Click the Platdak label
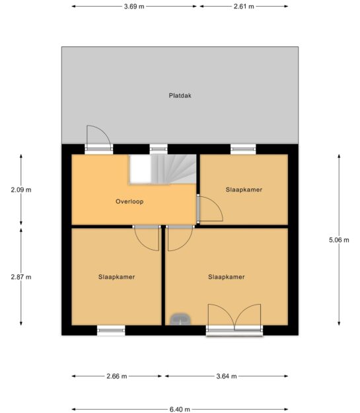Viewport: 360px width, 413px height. click(180, 95)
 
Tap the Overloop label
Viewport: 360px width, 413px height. click(129, 202)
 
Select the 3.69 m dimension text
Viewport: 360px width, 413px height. click(134, 7)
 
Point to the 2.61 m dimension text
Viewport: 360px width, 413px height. click(244, 7)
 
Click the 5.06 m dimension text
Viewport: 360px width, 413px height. click(339, 240)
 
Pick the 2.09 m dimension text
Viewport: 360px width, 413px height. click(21, 190)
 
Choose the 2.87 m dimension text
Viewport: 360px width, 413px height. click(21, 277)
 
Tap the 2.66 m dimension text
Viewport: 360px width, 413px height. click(117, 376)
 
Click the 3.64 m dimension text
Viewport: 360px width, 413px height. click(227, 376)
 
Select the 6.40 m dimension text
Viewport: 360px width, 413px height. click(180, 409)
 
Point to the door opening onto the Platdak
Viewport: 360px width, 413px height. click(98, 139)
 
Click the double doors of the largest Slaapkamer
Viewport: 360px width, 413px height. click(234, 320)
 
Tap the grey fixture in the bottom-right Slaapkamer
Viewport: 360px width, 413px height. click(180, 319)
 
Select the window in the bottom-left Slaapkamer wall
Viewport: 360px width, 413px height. click(111, 330)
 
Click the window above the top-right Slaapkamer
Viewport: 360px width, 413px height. click(243, 149)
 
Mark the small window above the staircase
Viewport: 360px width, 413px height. click(159, 149)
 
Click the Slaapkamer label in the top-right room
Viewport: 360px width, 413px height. click(244, 190)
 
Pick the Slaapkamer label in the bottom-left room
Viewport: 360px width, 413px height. click(117, 277)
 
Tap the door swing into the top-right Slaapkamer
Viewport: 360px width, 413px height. click(210, 208)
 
